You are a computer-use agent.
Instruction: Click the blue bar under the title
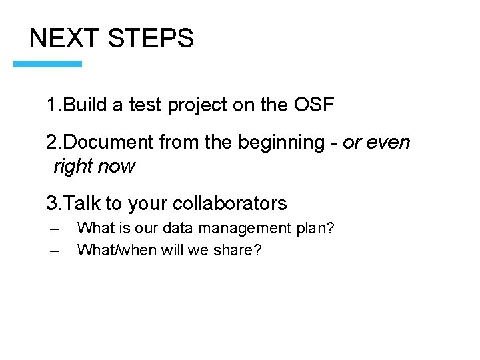click(x=48, y=64)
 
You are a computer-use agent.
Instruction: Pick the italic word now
click(x=117, y=166)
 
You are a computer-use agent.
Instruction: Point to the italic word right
click(x=72, y=167)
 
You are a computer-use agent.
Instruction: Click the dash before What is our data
click(x=55, y=229)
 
